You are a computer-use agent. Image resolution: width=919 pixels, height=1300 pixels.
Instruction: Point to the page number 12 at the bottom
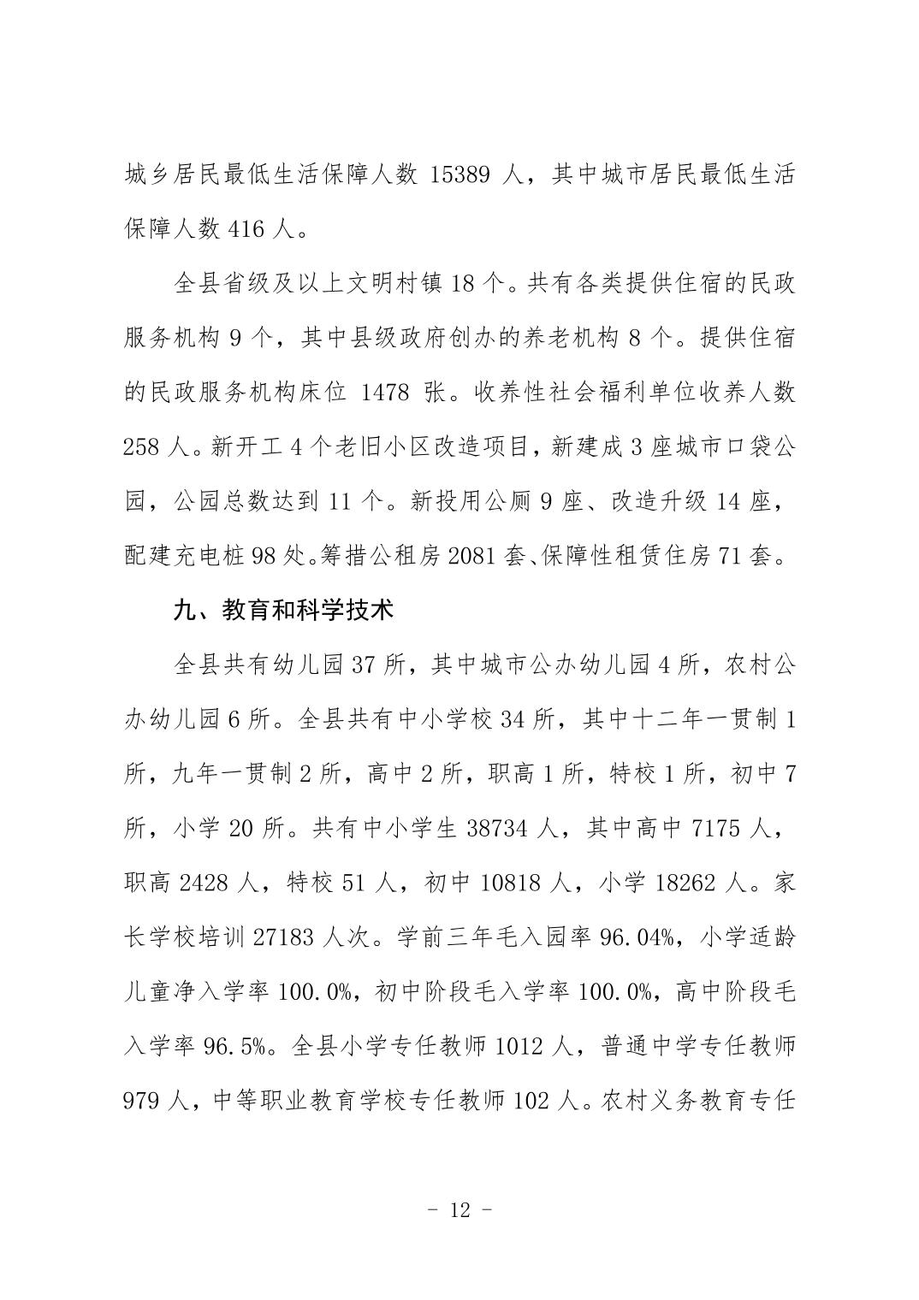coord(459,1210)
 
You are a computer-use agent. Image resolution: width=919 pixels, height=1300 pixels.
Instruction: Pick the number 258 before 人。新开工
coord(141,447)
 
